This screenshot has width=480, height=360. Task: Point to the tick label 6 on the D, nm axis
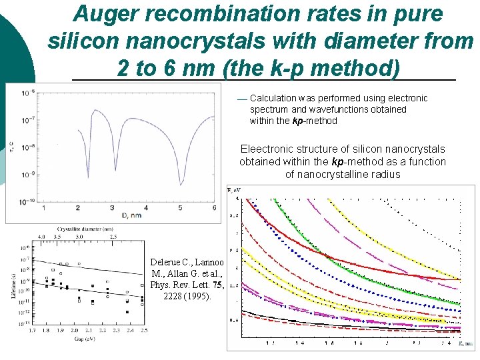coord(214,207)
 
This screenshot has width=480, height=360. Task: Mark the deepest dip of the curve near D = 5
coord(180,182)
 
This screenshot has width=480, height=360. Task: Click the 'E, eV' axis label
coord(234,191)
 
